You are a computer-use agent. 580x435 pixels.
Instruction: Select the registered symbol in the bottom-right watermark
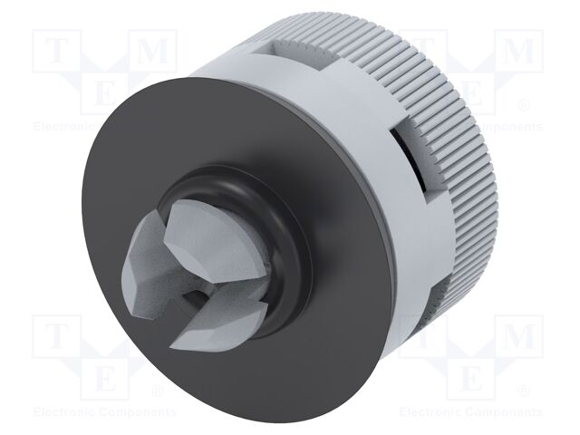pyautogui.click(x=523, y=391)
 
